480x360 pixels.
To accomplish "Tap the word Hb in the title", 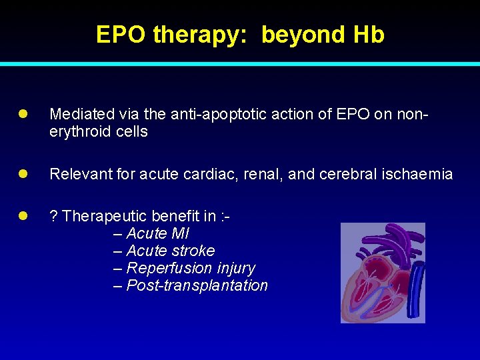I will [369, 35].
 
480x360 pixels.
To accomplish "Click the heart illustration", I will [382, 273].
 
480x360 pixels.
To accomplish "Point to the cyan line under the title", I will [240, 64].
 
